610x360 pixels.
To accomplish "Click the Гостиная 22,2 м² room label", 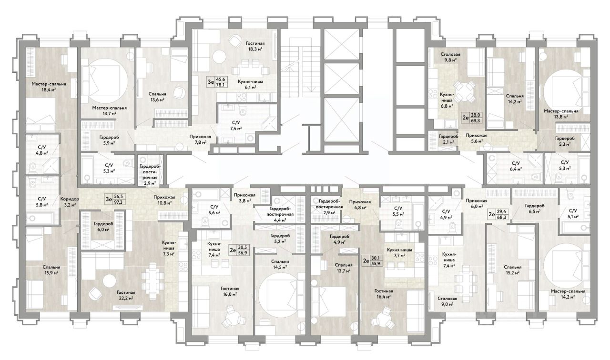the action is coord(126,295).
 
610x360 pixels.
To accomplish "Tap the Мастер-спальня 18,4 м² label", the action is coord(49,87).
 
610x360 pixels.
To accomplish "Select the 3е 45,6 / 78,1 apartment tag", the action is coord(217,81).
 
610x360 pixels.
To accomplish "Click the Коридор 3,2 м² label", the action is coord(70,201).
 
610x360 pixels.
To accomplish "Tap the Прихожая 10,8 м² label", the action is coord(164,200).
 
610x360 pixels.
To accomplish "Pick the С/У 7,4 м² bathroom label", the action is coord(236,126).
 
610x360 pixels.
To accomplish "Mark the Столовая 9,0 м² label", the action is coord(447,301).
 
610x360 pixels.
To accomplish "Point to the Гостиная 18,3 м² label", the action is coord(255,46).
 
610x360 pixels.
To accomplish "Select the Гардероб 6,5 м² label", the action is coord(535,209).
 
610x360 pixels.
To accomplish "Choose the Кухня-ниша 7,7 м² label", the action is coord(399,252).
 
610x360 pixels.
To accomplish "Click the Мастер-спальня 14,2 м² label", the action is coord(568,294).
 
